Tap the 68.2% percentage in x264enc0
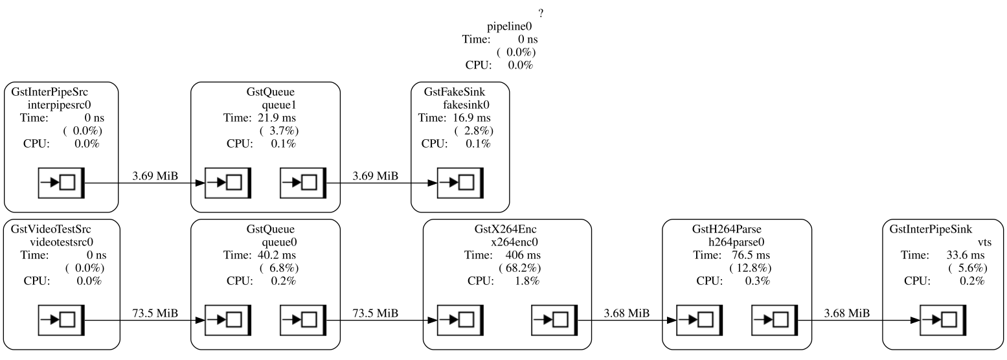point(519,268)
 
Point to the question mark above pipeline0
point(540,14)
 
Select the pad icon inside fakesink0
point(460,183)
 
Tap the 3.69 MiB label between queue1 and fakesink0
point(375,176)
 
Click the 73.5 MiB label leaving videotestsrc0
point(155,313)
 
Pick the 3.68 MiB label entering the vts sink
point(846,313)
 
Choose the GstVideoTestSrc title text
point(51,229)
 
